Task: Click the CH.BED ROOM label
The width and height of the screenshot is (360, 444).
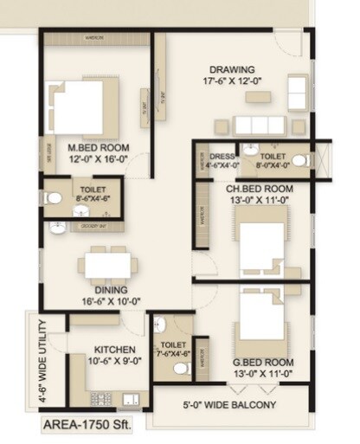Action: pyautogui.click(x=254, y=187)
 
